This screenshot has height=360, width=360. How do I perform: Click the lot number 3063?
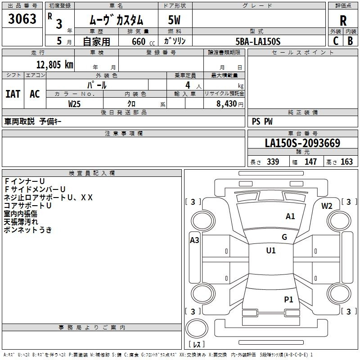pos(22,19)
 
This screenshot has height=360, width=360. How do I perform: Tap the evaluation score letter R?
pos(343,21)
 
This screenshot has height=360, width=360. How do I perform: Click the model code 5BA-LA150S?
pos(258,41)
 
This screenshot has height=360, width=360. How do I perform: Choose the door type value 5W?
pos(174,21)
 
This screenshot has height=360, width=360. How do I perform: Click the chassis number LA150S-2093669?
pos(302,144)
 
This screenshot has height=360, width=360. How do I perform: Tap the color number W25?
pos(75,103)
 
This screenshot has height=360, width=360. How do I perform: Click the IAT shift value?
pos(13,94)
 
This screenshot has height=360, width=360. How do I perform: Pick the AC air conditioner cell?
pos(35,94)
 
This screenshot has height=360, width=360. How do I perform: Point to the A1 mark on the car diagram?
pos(290,216)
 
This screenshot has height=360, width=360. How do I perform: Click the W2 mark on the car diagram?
pos(327,206)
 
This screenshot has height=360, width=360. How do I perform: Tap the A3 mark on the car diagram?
pos(194,240)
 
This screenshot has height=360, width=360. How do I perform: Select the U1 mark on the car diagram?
pos(271,251)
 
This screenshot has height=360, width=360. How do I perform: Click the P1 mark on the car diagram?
pos(288,299)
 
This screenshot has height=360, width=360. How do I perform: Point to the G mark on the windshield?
pos(284,237)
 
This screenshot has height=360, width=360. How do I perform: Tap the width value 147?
pos(311,162)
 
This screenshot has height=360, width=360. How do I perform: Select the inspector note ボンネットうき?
pos(27,230)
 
